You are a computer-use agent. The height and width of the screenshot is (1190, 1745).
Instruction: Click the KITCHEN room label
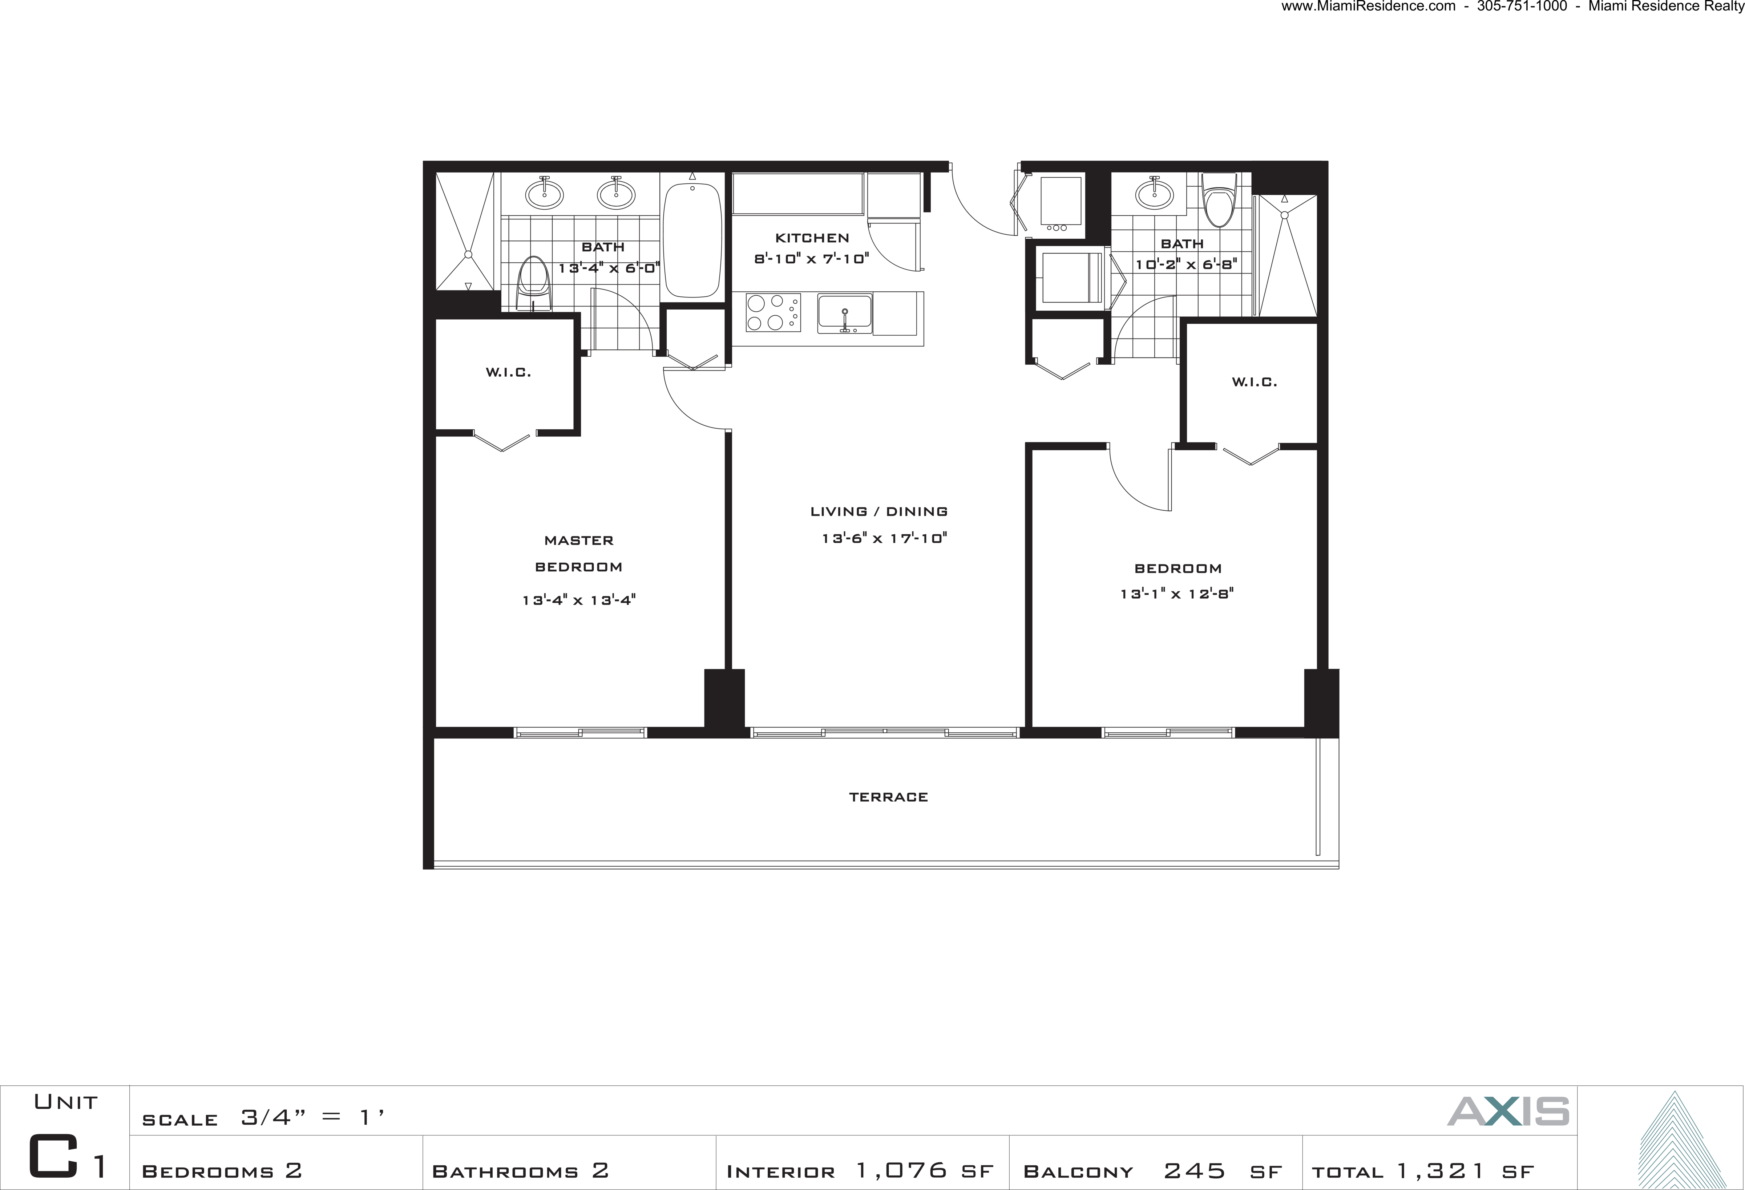(812, 238)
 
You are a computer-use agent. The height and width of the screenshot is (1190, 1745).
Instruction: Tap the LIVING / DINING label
(878, 511)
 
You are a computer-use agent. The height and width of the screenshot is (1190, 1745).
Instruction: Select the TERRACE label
(888, 797)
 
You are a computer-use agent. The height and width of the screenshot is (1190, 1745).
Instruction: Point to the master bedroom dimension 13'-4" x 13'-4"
(579, 600)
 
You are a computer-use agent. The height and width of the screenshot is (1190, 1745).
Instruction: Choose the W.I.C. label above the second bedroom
(1254, 382)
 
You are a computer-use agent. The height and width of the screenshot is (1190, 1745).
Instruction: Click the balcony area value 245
(1194, 1170)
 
